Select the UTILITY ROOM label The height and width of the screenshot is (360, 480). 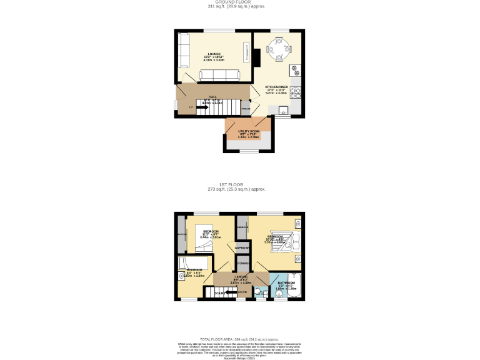(248, 131)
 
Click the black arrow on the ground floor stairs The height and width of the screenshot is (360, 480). (202, 107)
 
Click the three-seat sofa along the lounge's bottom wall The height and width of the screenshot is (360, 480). (218, 76)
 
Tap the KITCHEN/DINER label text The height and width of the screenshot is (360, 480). (277, 87)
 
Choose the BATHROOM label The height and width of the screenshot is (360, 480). (286, 282)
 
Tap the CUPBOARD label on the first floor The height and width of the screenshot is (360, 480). (242, 248)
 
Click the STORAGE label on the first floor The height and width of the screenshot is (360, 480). (243, 263)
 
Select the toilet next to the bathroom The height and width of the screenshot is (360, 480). (258, 291)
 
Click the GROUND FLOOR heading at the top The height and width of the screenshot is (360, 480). (239, 2)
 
